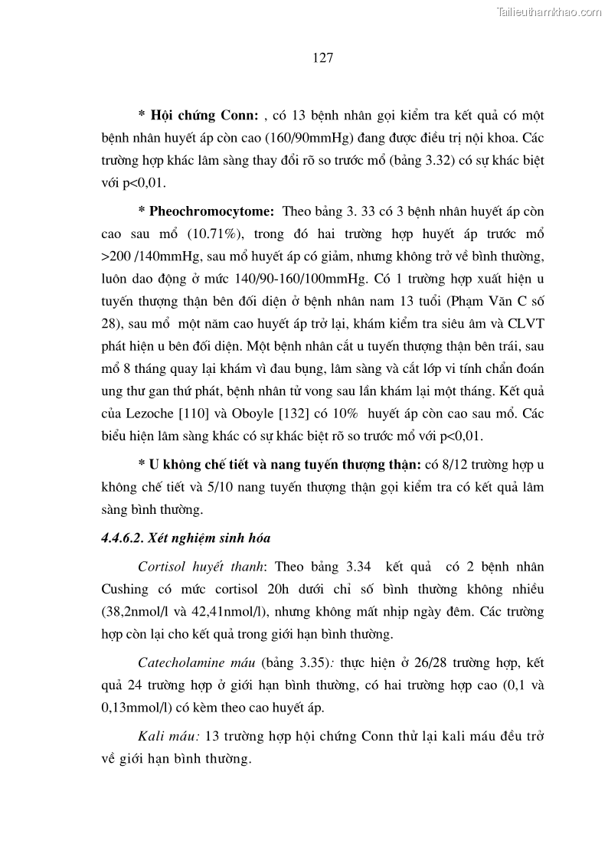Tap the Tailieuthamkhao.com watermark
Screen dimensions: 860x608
[x=550, y=11]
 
